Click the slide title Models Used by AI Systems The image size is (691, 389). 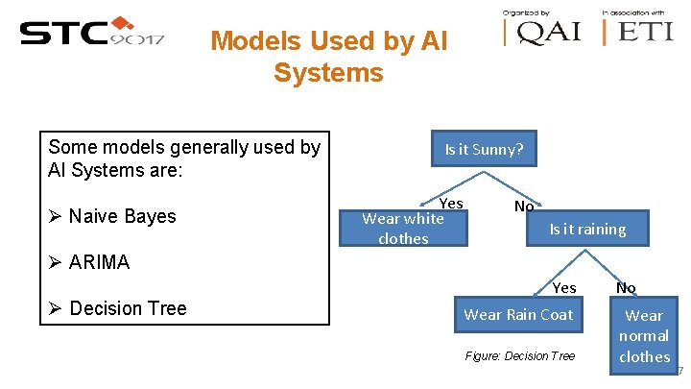click(328, 57)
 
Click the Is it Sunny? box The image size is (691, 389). click(484, 149)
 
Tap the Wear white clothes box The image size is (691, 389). click(403, 229)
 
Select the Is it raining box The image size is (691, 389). click(586, 229)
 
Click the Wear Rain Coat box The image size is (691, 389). click(517, 315)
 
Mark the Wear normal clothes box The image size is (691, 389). click(644, 335)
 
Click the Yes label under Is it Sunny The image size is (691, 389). click(451, 203)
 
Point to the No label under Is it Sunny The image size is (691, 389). click(524, 206)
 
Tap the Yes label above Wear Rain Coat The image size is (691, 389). click(564, 287)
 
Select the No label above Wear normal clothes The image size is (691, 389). click(626, 287)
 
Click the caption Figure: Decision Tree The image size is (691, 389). click(519, 356)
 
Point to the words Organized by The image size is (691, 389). click(527, 12)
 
